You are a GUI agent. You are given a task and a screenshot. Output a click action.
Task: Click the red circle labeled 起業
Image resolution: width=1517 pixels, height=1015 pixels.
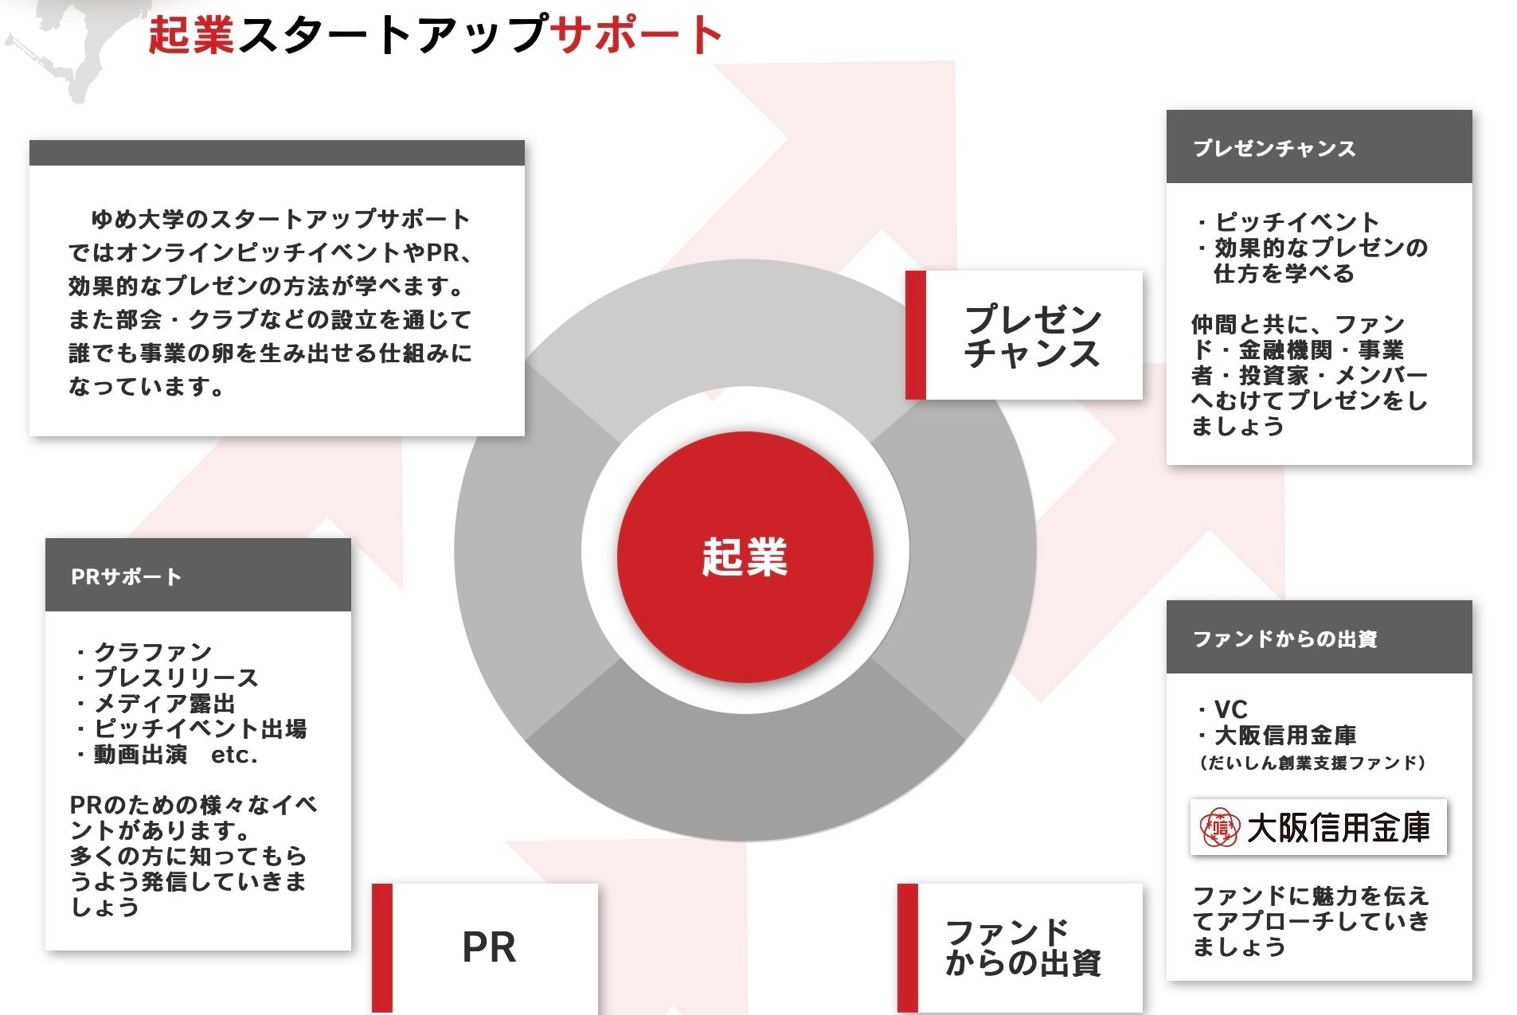coord(745,556)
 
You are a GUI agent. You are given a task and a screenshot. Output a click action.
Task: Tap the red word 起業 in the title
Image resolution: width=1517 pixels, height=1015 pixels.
coord(191,35)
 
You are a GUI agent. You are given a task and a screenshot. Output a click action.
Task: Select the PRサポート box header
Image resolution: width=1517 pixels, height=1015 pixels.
coord(197,576)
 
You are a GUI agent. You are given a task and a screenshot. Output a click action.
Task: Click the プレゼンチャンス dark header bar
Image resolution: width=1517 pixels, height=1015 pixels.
coord(1318,147)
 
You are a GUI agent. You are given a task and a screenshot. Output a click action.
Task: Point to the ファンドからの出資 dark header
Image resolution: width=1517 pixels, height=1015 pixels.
coord(1318,638)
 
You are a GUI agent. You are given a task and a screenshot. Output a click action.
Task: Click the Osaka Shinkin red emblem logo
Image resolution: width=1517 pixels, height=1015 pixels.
coord(1219,828)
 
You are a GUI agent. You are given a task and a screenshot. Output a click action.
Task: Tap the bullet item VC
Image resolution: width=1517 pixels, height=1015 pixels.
coord(1230,709)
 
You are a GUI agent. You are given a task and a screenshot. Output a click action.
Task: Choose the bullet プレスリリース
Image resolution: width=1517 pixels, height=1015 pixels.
coord(176,677)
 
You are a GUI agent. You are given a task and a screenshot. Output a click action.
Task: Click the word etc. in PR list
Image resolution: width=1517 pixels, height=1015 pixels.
coord(234,755)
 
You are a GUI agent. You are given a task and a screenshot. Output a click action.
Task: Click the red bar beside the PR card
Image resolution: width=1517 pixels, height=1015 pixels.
coord(382,947)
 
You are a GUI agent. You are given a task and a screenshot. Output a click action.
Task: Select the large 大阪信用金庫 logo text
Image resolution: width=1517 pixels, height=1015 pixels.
coord(1338,828)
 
